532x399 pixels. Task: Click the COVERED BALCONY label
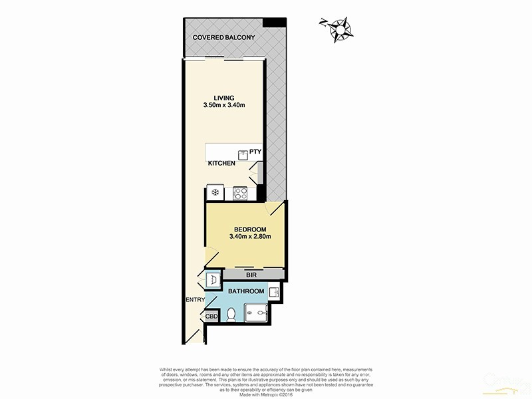tap(223, 38)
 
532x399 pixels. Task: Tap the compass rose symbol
tap(341, 29)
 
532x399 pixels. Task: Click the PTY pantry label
tap(255, 152)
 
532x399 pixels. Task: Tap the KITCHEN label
tap(221, 164)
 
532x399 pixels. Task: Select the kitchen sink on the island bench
tap(243, 154)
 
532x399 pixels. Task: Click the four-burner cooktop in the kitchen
tap(239, 194)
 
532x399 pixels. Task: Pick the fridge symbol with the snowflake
tap(215, 194)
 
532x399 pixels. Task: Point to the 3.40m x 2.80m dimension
tap(249, 237)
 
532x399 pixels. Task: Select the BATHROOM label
tap(246, 291)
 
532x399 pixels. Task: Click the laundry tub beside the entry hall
tap(211, 281)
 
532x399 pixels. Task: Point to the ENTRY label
tap(196, 301)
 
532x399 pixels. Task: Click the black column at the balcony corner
tap(271, 23)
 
